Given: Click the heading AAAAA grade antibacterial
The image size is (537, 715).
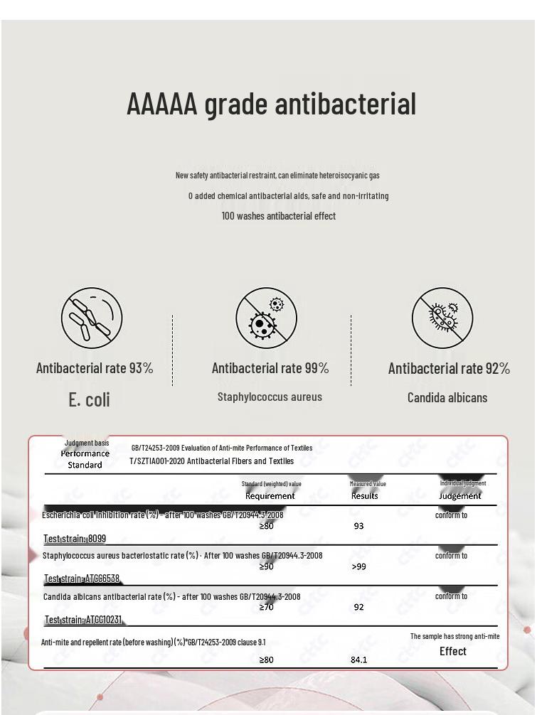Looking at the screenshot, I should pyautogui.click(x=271, y=104).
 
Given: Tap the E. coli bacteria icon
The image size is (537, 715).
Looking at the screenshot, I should pyautogui.click(x=92, y=318).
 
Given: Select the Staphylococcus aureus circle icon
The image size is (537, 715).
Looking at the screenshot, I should pyautogui.click(x=266, y=318).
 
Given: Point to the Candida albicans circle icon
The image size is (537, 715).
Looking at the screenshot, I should pyautogui.click(x=442, y=318).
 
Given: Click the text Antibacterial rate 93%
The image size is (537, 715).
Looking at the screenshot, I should pyautogui.click(x=95, y=368).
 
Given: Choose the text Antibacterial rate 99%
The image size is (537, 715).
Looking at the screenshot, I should pyautogui.click(x=270, y=368).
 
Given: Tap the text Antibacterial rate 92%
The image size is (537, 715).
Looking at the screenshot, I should pyautogui.click(x=449, y=368).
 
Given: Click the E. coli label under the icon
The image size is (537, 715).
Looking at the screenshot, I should pyautogui.click(x=90, y=399).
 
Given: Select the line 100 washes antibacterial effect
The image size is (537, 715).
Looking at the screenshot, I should pyautogui.click(x=278, y=216).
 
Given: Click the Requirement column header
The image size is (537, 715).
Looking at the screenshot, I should pyautogui.click(x=270, y=496).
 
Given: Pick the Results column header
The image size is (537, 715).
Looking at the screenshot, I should pyautogui.click(x=365, y=496).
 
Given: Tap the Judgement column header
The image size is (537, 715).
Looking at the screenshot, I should pyautogui.click(x=459, y=496).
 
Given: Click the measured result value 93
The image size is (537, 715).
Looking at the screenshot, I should pyautogui.click(x=358, y=527).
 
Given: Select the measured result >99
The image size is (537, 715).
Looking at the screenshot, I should pyautogui.click(x=359, y=567).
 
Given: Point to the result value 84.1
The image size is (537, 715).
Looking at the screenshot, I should pyautogui.click(x=359, y=660).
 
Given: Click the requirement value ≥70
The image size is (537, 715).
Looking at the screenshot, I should pyautogui.click(x=266, y=608).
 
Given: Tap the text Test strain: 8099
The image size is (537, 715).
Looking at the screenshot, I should pyautogui.click(x=75, y=539).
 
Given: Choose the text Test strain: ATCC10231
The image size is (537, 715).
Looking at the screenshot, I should pyautogui.click(x=83, y=620).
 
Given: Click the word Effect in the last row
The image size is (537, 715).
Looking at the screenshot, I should pyautogui.click(x=453, y=652).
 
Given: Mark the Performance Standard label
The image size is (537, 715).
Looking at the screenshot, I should pyautogui.click(x=85, y=459).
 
